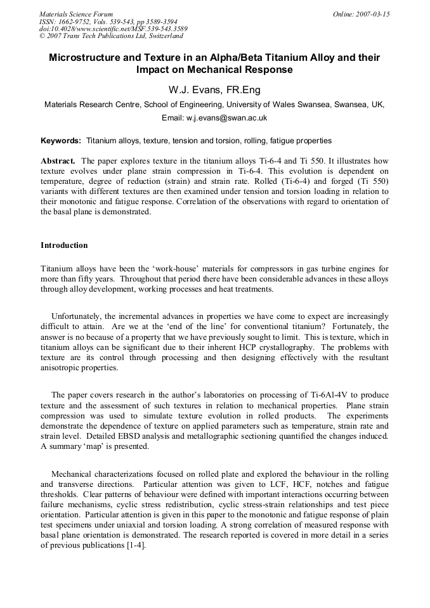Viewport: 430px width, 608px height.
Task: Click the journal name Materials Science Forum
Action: pos(76,13)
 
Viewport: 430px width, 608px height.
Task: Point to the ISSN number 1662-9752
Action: pos(75,21)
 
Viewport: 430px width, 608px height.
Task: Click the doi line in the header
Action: pos(113,29)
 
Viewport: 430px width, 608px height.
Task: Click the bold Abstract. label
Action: pos(58,161)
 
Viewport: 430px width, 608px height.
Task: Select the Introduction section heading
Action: pos(64,245)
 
